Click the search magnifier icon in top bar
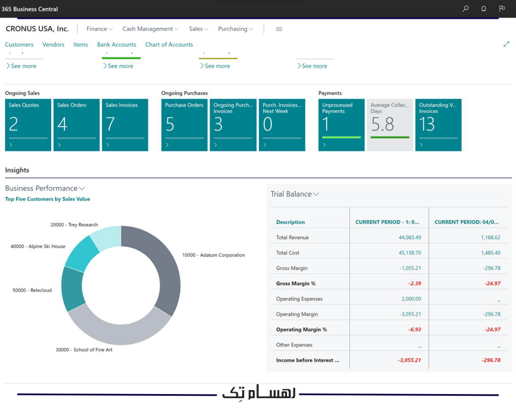[x=465, y=9]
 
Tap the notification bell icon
[x=484, y=9]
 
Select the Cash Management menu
[x=150, y=29]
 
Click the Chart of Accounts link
[x=169, y=44]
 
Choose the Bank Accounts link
[x=117, y=44]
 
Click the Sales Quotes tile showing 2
[x=28, y=125]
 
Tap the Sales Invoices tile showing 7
[x=125, y=125]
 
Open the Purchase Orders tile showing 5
[x=184, y=125]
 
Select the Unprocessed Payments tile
[x=341, y=125]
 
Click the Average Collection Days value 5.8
[x=383, y=125]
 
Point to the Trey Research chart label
[x=74, y=225]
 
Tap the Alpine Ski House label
[x=38, y=247]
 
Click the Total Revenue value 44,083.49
[x=410, y=237]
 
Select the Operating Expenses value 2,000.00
[x=411, y=299]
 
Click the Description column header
[x=290, y=222]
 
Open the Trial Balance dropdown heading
[x=295, y=194]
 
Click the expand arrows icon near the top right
[x=507, y=44]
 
